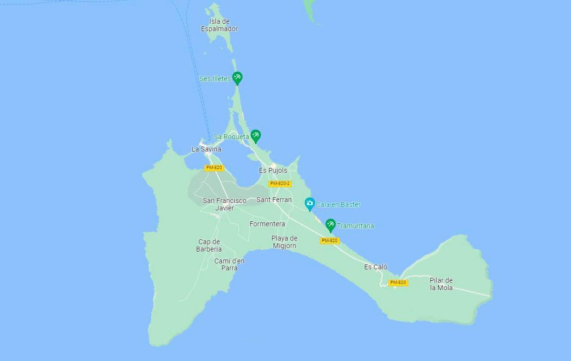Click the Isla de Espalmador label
(x=219, y=25)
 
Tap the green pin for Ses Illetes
(x=237, y=78)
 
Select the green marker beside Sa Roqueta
(x=256, y=136)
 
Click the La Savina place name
(x=206, y=149)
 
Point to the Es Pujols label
(x=273, y=171)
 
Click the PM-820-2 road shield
(x=280, y=183)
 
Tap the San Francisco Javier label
(x=225, y=204)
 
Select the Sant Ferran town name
(x=274, y=199)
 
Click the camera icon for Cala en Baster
(x=310, y=204)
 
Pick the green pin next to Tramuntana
(x=330, y=225)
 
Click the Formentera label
(x=267, y=224)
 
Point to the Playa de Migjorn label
(x=285, y=242)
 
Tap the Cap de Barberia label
(x=209, y=245)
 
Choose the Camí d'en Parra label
(x=229, y=264)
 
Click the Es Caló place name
(x=376, y=267)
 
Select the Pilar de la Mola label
(x=441, y=284)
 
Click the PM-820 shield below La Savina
(x=214, y=168)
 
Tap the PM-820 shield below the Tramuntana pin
(x=329, y=240)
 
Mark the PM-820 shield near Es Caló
(x=398, y=283)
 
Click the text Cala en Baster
(x=338, y=205)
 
